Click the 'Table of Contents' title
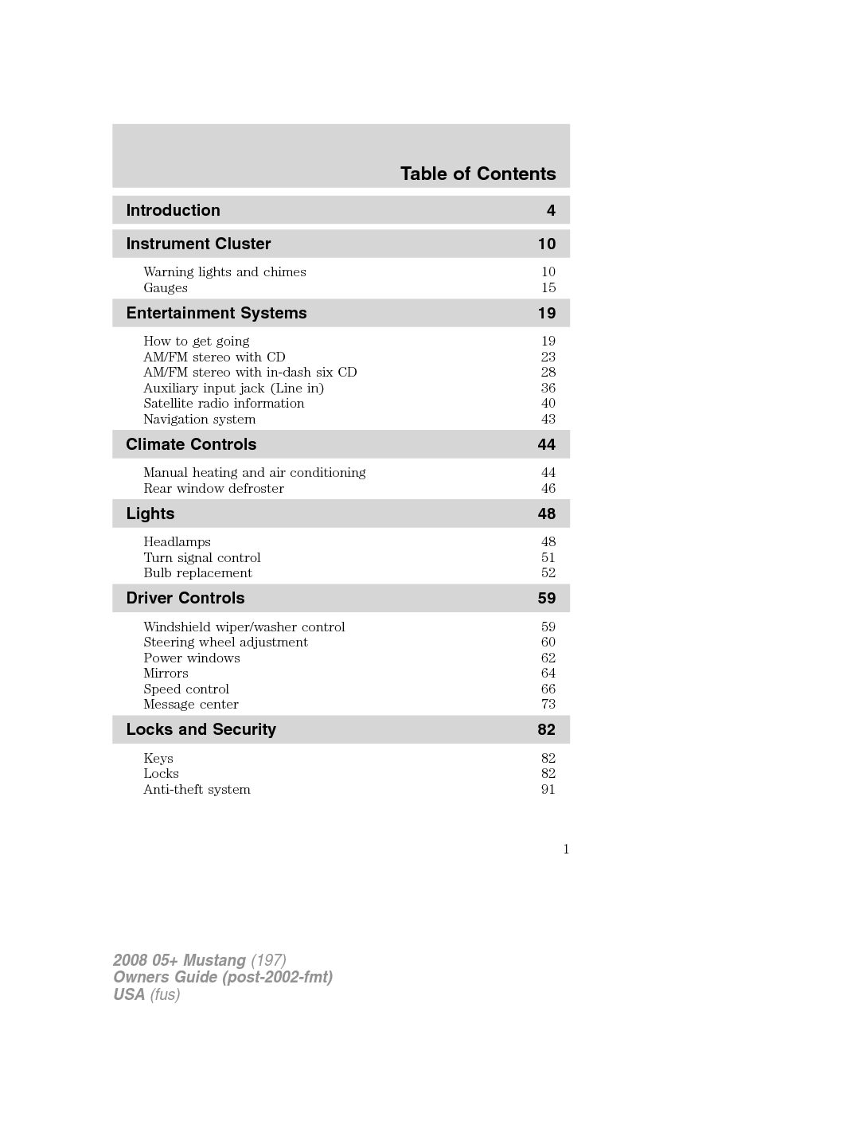478,174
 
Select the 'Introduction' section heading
173,210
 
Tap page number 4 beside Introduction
551,210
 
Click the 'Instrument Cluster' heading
198,244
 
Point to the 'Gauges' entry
166,287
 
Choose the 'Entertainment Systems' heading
216,313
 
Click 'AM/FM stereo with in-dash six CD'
250,372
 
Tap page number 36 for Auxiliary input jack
548,388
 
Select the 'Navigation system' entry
199,419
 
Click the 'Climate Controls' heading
191,444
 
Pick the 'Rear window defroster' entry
213,488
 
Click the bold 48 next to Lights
546,514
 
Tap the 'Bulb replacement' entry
197,572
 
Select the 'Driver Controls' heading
185,598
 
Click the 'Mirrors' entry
166,673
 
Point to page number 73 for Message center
548,704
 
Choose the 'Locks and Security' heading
201,729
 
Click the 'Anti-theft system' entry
197,789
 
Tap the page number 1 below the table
566,849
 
